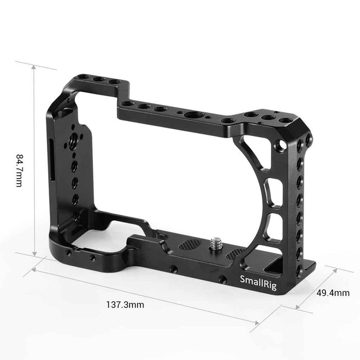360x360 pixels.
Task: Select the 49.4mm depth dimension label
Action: [x=333, y=293]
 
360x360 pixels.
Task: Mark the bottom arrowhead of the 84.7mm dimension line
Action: [x=34, y=254]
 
